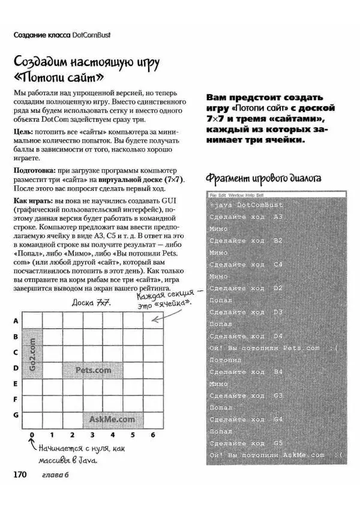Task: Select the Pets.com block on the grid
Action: click(x=93, y=370)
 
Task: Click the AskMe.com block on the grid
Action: click(x=112, y=419)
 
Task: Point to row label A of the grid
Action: click(x=15, y=321)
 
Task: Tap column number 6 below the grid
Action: click(x=153, y=434)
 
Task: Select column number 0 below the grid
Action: click(x=32, y=434)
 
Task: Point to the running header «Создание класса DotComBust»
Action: click(x=62, y=35)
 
